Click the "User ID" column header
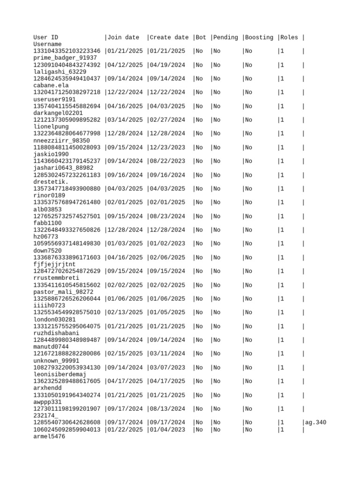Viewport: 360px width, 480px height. (x=46, y=37)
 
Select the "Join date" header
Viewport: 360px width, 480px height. (x=124, y=37)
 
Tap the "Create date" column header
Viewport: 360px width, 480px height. (x=169, y=37)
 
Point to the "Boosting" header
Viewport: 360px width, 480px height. (x=259, y=37)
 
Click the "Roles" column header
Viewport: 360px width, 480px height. (x=289, y=37)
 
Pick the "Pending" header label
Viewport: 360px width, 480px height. (x=226, y=37)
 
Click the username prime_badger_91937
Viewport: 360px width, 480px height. (x=65, y=58)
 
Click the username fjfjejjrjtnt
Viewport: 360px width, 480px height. (x=54, y=264)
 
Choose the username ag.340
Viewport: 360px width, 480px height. (x=316, y=423)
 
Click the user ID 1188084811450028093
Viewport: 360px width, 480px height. (x=67, y=148)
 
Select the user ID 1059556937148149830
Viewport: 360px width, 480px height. (x=67, y=244)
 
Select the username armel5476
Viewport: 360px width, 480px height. (x=49, y=436)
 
